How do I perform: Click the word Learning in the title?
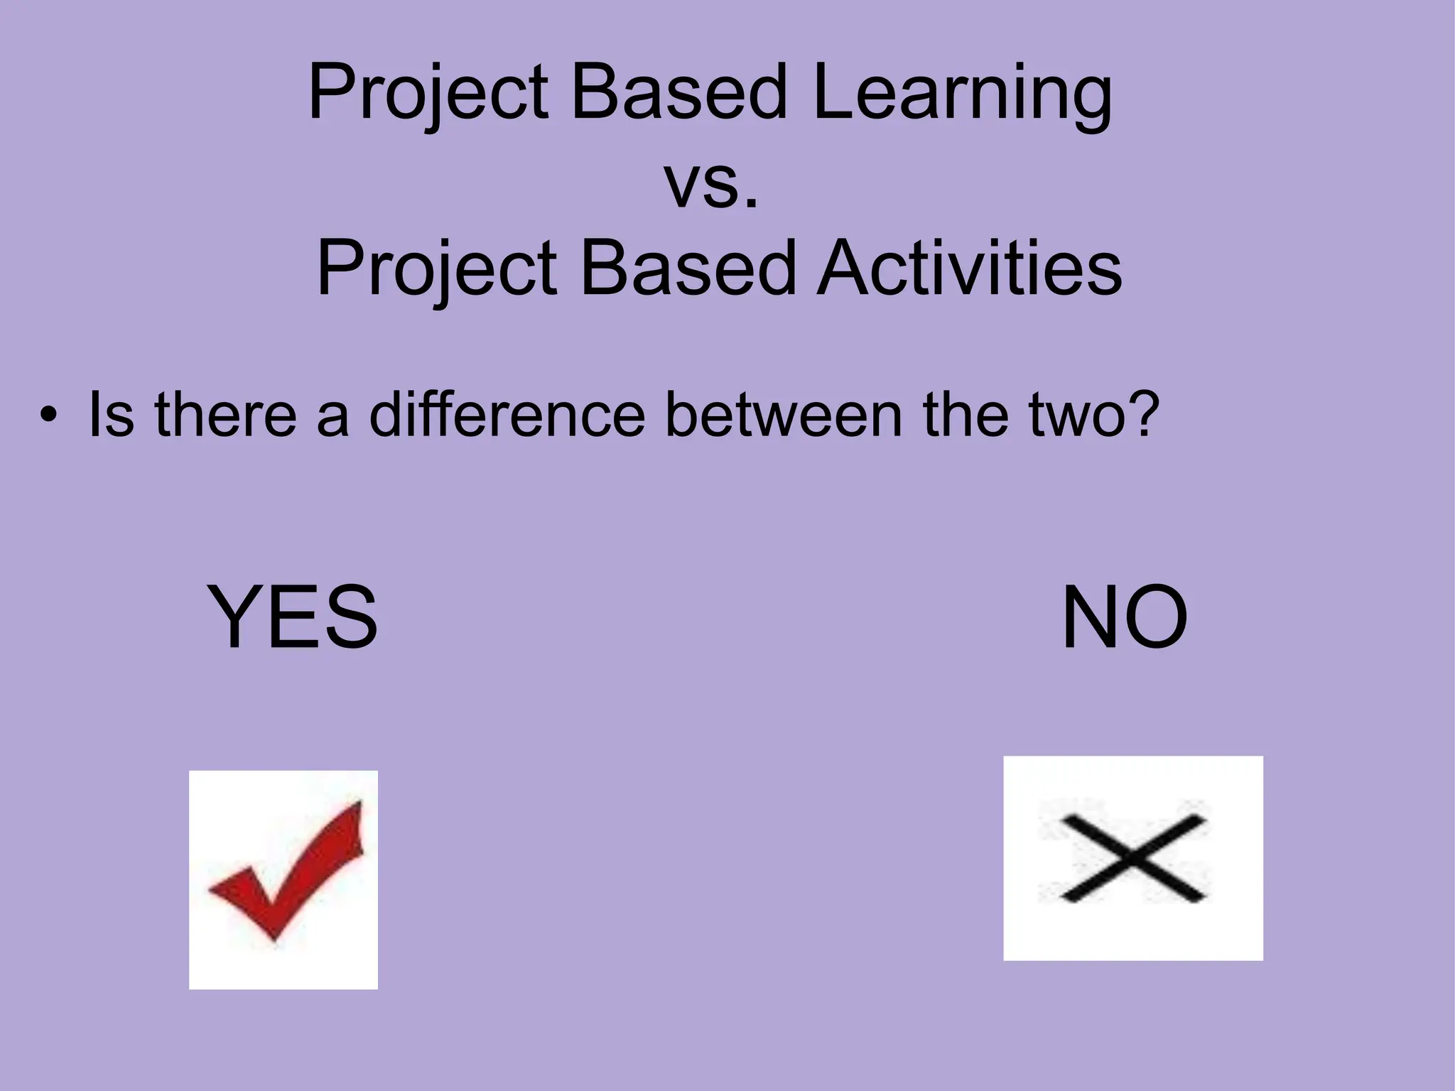[963, 93]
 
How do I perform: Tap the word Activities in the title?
[970, 268]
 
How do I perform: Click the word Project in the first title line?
[428, 93]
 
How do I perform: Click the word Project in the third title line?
[437, 268]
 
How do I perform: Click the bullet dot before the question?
[47, 415]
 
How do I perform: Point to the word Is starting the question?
[110, 415]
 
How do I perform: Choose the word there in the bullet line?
[225, 415]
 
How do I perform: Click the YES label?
[293, 617]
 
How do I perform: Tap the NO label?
[1124, 617]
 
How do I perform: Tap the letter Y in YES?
[237, 617]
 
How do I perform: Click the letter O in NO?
[1155, 617]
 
